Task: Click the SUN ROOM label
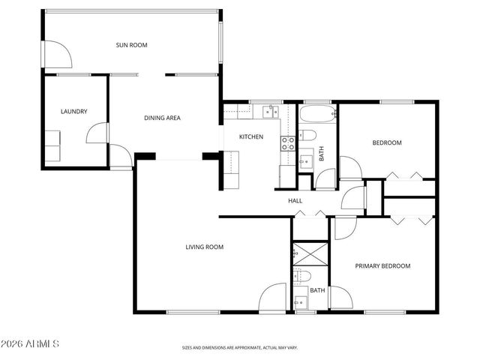131,45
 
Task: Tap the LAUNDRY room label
73,112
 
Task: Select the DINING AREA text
162,118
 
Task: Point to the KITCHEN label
250,136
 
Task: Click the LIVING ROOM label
205,247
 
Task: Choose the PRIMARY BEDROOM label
382,265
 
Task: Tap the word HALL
295,200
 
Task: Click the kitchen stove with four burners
286,142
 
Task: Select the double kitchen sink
268,112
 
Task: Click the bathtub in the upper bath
316,116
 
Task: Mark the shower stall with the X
310,252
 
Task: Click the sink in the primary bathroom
301,301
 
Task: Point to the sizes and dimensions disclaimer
240,347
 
